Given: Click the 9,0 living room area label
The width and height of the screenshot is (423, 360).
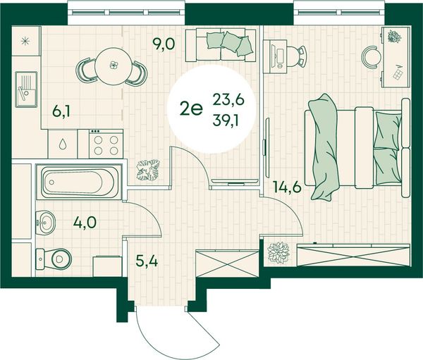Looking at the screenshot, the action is (164, 44).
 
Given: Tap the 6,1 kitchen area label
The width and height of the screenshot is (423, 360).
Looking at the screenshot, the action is (61, 111).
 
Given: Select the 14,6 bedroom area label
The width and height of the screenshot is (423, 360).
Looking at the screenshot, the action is (287, 187).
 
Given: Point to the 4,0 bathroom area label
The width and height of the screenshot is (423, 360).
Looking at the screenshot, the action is (85, 223).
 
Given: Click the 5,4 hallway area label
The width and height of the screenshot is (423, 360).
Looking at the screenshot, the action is (147, 261).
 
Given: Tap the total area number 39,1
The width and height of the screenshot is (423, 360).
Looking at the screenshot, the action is (226, 121).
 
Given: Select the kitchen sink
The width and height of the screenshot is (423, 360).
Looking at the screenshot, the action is (26, 89).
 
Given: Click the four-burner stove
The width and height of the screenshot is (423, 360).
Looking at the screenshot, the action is (106, 144).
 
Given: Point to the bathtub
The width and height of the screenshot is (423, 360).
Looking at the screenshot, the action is (80, 182).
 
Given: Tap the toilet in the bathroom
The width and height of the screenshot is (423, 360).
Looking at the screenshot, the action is (54, 259).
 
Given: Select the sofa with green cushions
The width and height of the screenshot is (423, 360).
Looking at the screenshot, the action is (221, 45).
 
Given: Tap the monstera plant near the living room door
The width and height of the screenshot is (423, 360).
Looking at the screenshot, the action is (148, 170).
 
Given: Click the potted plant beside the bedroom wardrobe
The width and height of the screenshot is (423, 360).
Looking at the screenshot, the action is (278, 253).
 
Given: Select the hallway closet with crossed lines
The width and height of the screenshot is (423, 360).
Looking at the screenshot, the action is (227, 263).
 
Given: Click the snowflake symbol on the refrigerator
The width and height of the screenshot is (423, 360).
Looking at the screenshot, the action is (25, 41).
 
